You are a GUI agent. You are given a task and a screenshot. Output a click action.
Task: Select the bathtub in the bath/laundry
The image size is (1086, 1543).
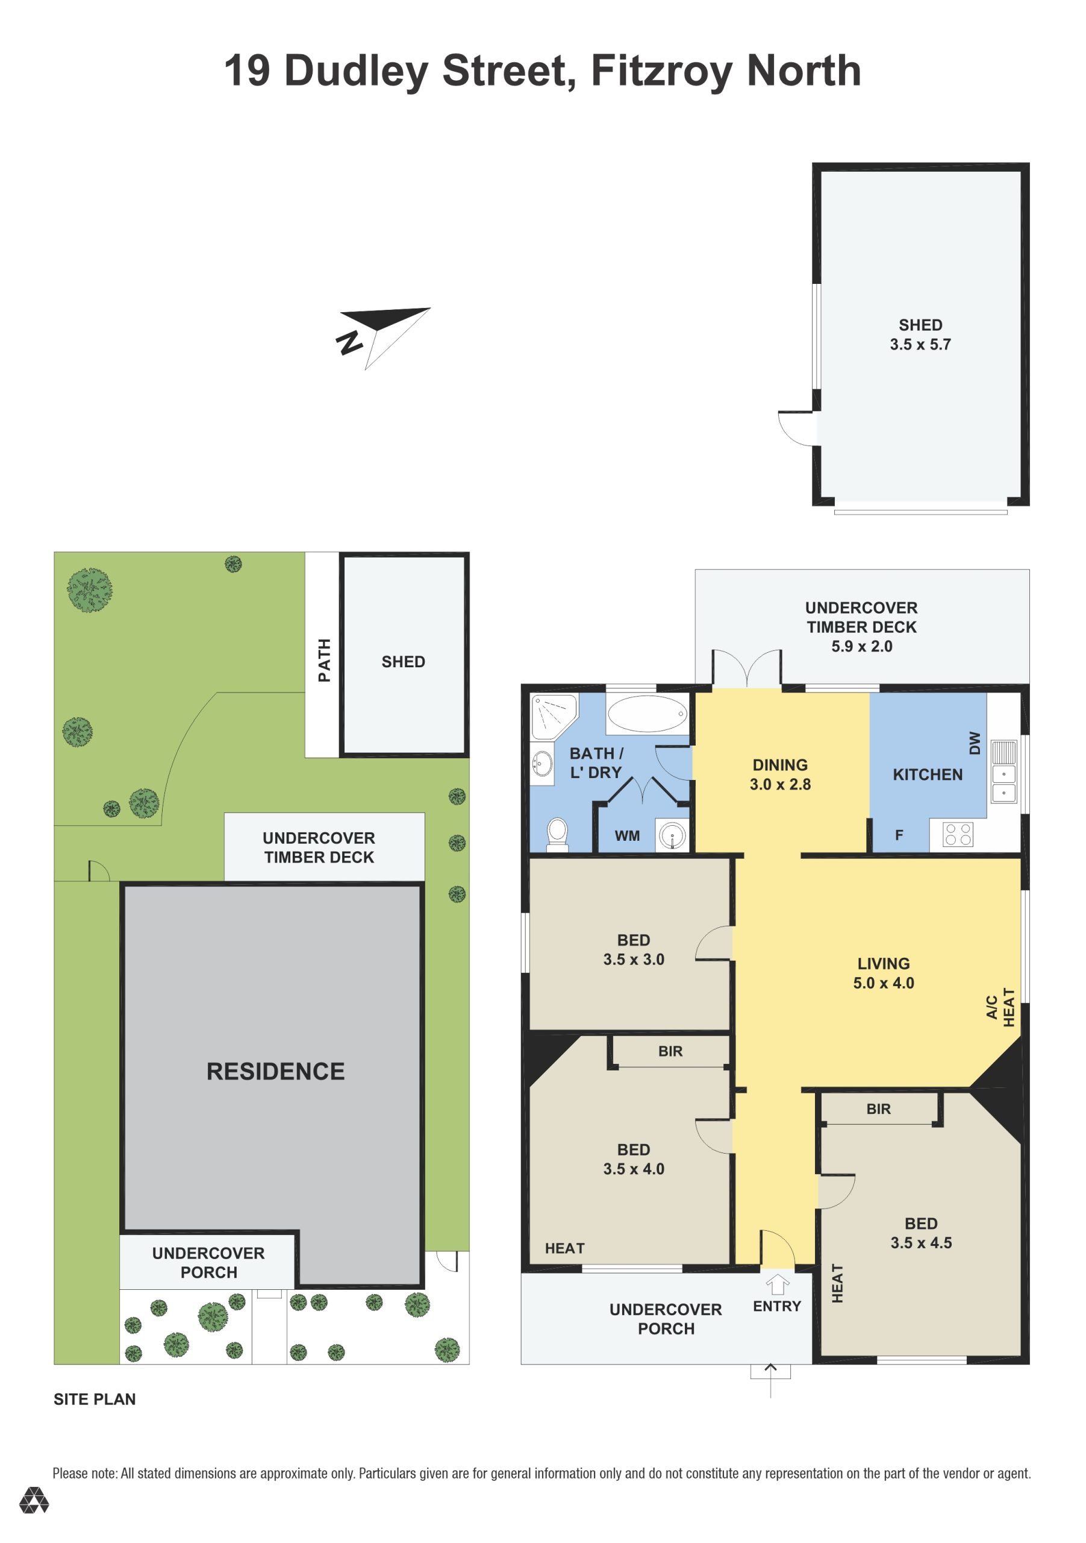pos(648,714)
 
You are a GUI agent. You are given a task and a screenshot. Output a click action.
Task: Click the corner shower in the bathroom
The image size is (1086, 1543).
pos(554,717)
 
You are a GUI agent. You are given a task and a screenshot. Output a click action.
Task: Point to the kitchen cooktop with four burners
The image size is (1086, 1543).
pos(958,834)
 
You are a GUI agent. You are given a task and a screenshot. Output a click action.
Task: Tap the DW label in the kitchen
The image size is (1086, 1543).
pos(975,743)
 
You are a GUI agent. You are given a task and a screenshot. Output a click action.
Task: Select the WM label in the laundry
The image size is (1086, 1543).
pos(627,836)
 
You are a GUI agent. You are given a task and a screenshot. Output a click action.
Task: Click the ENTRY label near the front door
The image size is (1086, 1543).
pos(777,1307)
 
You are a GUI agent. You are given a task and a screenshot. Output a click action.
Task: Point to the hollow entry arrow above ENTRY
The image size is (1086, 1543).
pos(778,1284)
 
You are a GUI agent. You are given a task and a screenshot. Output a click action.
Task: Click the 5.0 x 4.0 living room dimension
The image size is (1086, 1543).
pos(884,983)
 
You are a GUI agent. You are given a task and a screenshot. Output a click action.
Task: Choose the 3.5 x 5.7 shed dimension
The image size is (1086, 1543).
pos(921,345)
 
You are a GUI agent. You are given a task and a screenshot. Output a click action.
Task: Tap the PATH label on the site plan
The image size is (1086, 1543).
pos(325,661)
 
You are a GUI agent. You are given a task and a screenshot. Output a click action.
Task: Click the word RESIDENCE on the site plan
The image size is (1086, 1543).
pos(275,1071)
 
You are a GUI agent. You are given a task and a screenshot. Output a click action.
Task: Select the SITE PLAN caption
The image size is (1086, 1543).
pos(95,1399)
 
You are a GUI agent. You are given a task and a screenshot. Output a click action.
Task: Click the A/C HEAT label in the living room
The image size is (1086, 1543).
pos(1000,1007)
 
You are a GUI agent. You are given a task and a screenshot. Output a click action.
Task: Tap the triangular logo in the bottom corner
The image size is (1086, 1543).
pos(34,1500)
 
